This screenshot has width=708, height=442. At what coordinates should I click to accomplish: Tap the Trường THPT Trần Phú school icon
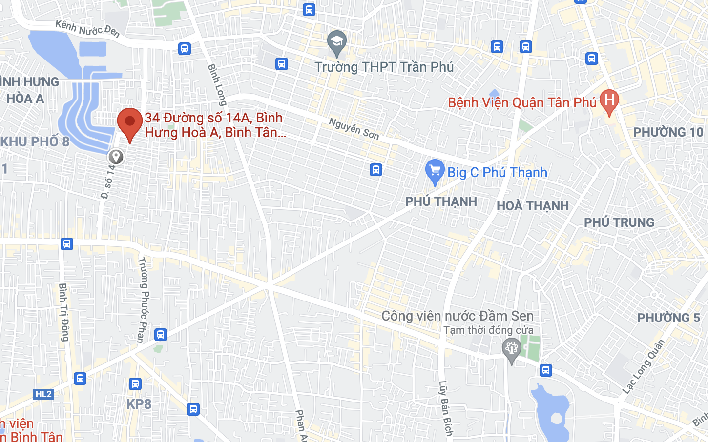tap(336, 42)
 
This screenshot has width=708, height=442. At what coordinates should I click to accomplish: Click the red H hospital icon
tap(609, 101)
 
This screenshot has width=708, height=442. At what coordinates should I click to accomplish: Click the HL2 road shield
tap(43, 394)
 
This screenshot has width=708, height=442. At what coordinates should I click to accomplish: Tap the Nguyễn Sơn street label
tap(354, 128)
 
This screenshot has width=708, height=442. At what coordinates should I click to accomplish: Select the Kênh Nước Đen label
tap(87, 29)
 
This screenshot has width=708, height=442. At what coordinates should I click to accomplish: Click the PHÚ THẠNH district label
tap(441, 201)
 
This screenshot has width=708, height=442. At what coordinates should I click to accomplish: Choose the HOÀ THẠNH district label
tap(533, 206)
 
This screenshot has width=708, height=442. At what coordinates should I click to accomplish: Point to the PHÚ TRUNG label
tap(619, 222)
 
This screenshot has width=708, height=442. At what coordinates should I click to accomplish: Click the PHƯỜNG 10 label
tap(668, 132)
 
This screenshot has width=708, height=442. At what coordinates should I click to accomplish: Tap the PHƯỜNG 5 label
tap(668, 318)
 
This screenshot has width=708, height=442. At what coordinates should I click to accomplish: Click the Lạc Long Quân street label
tap(644, 366)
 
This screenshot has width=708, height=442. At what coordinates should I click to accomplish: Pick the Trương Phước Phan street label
tap(143, 300)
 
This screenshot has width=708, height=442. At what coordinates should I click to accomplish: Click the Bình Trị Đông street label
tap(63, 312)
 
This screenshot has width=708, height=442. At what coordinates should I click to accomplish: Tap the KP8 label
tap(139, 404)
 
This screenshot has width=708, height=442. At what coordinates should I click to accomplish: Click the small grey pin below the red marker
tap(116, 157)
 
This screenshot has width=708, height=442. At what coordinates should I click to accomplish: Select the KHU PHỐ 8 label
tap(35, 141)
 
